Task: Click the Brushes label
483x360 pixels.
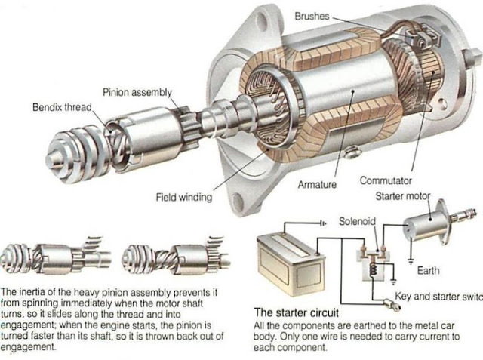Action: click(310, 14)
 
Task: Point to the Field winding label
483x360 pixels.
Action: click(183, 198)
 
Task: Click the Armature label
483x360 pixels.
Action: click(318, 183)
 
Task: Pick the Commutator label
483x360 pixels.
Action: click(385, 181)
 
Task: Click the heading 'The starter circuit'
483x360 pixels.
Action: click(296, 310)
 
